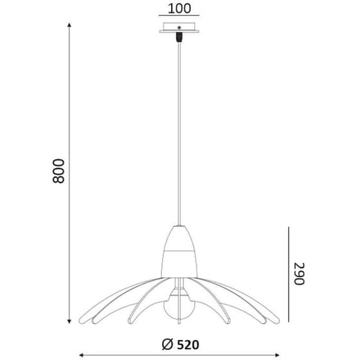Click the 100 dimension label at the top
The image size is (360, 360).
[x=179, y=8]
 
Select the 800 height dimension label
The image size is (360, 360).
[x=59, y=171]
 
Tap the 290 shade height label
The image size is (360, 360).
[x=300, y=273]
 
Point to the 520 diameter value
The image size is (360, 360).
[x=188, y=345]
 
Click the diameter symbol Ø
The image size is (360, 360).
[x=167, y=345]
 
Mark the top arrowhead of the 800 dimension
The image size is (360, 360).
[x=69, y=25]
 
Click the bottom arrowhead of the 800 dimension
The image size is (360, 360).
[x=69, y=321]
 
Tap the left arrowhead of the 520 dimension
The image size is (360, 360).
[x=81, y=355]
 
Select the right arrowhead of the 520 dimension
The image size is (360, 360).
[x=277, y=355]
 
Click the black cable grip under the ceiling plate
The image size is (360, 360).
[x=179, y=37]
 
